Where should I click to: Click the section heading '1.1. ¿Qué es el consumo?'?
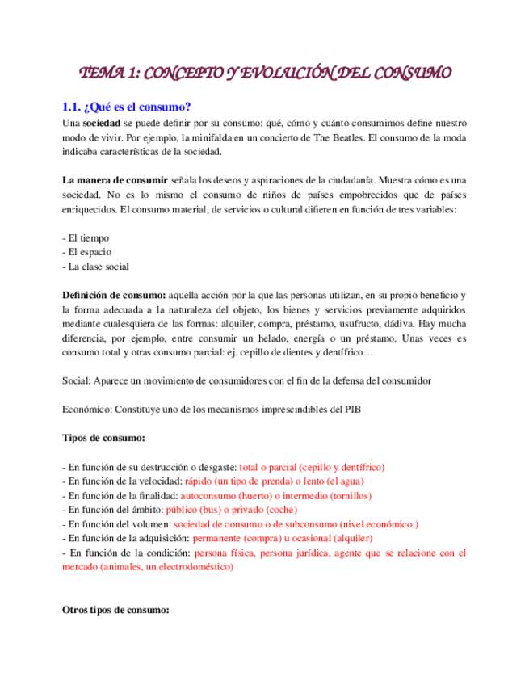(126, 107)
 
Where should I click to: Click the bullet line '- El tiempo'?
(86, 238)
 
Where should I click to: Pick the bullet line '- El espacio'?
(87, 252)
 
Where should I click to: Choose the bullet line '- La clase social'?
(95, 267)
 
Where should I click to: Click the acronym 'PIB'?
(351, 409)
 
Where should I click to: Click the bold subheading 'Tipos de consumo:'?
(104, 438)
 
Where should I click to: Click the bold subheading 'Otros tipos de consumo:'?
(115, 610)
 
